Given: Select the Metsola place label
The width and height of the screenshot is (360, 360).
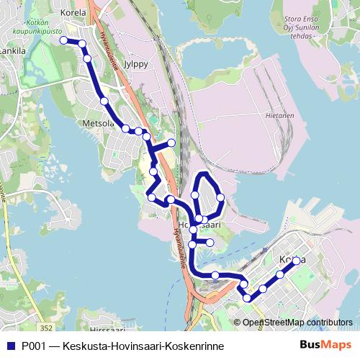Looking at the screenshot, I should click(x=99, y=123).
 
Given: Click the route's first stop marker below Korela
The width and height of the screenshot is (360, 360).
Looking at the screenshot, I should click(x=63, y=40).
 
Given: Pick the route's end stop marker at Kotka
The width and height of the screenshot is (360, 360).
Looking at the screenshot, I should click(x=296, y=261).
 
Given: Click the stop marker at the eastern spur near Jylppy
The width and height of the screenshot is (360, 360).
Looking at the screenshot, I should click(x=171, y=143).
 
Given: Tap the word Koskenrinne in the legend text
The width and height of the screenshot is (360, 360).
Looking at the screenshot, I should click(x=194, y=346).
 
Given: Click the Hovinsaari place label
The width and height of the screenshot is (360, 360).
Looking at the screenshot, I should click(x=199, y=225).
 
